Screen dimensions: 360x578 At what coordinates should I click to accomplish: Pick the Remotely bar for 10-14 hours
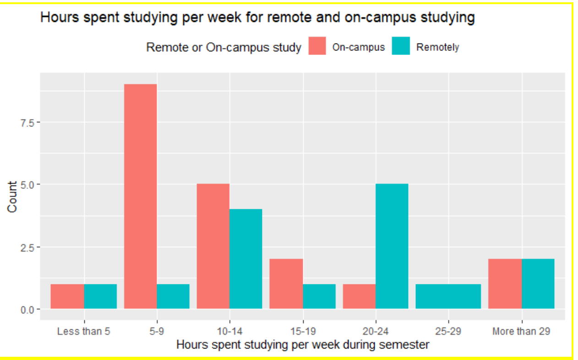tap(245, 259)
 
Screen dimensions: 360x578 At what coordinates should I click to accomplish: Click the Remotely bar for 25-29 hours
tap(448, 296)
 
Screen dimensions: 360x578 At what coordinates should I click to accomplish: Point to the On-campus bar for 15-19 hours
tap(286, 284)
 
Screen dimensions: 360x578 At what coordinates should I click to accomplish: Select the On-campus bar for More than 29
tap(505, 284)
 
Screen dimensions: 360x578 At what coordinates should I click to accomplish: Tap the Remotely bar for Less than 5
tap(100, 296)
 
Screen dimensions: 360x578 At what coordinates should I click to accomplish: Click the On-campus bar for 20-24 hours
tap(359, 296)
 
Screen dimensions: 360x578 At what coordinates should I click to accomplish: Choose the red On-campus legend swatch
tap(317, 46)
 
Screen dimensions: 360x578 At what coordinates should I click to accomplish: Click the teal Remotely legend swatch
tap(401, 46)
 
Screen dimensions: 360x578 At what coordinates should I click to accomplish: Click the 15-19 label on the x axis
tap(302, 331)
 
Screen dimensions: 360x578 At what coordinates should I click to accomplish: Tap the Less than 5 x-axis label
tap(84, 331)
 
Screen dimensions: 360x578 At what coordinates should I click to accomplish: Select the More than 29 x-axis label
tap(521, 331)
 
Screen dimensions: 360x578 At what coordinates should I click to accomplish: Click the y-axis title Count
tap(12, 196)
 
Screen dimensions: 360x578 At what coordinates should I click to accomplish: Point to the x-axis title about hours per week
tap(303, 344)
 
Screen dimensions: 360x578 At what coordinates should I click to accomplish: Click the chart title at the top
tap(257, 18)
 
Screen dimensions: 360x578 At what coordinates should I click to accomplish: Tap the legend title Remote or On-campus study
tap(224, 47)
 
